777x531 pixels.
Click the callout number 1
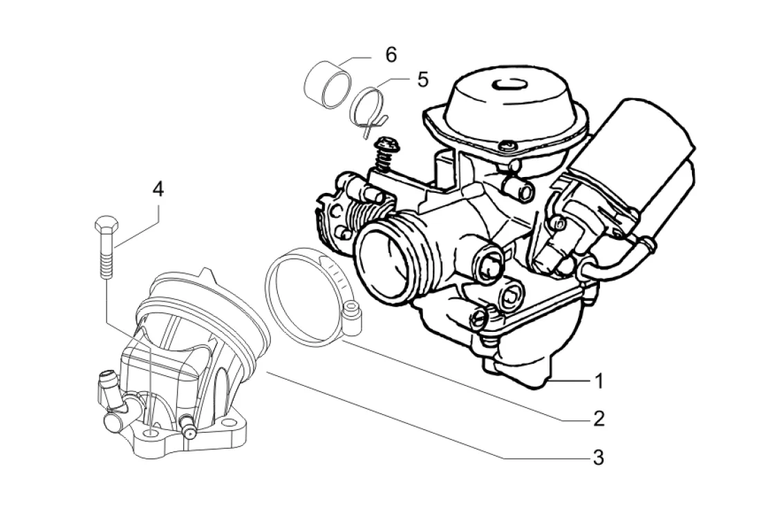(599, 381)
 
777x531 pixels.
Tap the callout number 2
(599, 419)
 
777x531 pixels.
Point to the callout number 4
(158, 189)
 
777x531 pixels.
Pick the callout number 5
(422, 80)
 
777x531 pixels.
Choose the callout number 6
(391, 55)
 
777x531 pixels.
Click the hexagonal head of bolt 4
(106, 225)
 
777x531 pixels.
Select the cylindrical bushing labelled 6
(327, 84)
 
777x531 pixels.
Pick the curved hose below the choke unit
(617, 263)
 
